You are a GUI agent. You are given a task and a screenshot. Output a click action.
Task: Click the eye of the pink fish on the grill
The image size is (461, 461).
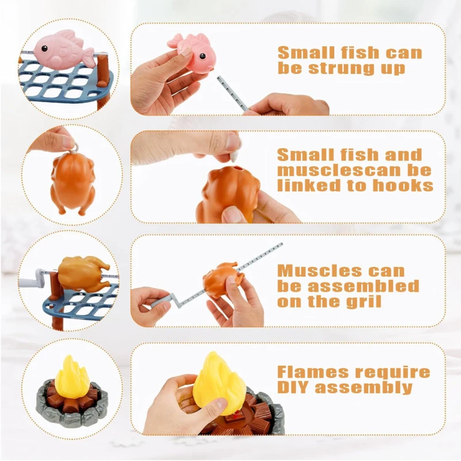coord(44,48)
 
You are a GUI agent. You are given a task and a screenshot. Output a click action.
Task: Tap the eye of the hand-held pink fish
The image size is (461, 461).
coord(202,55)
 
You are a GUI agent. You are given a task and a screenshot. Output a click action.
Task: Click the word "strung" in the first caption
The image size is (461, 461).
coord(341,69)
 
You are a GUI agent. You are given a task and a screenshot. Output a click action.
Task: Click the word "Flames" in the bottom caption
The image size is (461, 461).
coord(313,372)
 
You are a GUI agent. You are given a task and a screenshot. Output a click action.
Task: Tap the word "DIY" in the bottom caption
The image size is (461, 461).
coord(294,387)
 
